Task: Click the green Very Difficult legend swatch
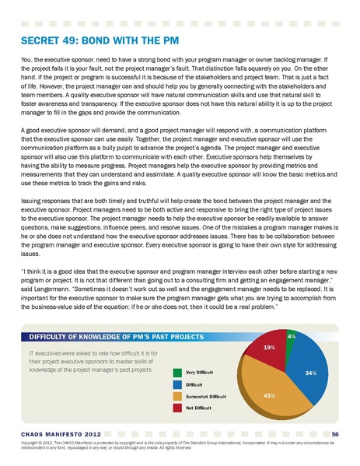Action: pyautogui.click(x=178, y=371)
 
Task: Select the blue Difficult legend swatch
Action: pyautogui.click(x=178, y=384)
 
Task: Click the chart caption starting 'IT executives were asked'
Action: pyautogui.click(x=86, y=361)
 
